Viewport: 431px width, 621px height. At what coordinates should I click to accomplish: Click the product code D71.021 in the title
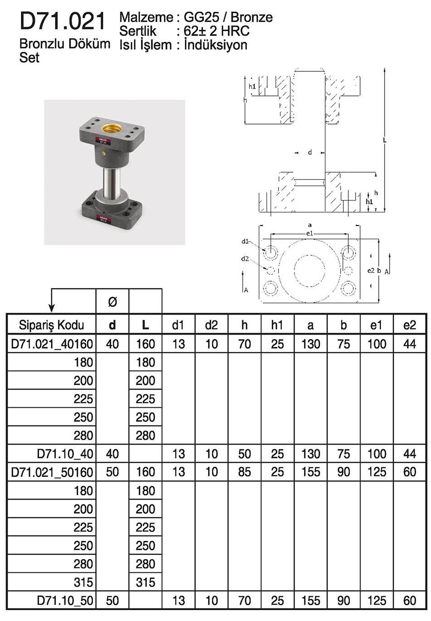[x=63, y=21]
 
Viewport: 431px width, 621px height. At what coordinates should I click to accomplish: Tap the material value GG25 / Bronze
[x=228, y=17]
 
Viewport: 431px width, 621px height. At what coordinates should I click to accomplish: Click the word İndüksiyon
[x=216, y=45]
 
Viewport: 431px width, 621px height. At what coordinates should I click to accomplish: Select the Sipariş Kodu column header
[x=51, y=325]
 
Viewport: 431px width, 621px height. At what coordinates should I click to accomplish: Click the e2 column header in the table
[x=410, y=325]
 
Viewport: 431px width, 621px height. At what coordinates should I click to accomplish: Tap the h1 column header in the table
[x=277, y=325]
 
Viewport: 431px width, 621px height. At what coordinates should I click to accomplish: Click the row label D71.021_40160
[x=51, y=344]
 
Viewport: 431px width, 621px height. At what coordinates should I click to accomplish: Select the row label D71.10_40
[x=65, y=454]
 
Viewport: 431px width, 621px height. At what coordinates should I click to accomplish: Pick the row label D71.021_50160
[x=51, y=472]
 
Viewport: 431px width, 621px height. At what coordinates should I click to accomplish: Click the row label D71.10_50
[x=65, y=601]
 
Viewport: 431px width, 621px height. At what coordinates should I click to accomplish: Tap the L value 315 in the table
[x=145, y=582]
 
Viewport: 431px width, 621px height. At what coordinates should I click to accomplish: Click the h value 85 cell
[x=245, y=472]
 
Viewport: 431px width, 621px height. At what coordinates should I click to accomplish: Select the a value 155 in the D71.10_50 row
[x=311, y=601]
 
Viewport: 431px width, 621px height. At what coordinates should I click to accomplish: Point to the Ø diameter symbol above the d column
[x=112, y=301]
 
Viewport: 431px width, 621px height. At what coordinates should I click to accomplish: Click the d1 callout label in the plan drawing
[x=246, y=241]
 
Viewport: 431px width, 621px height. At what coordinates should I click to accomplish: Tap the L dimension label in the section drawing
[x=385, y=140]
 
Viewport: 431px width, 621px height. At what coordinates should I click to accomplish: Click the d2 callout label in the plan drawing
[x=245, y=259]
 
